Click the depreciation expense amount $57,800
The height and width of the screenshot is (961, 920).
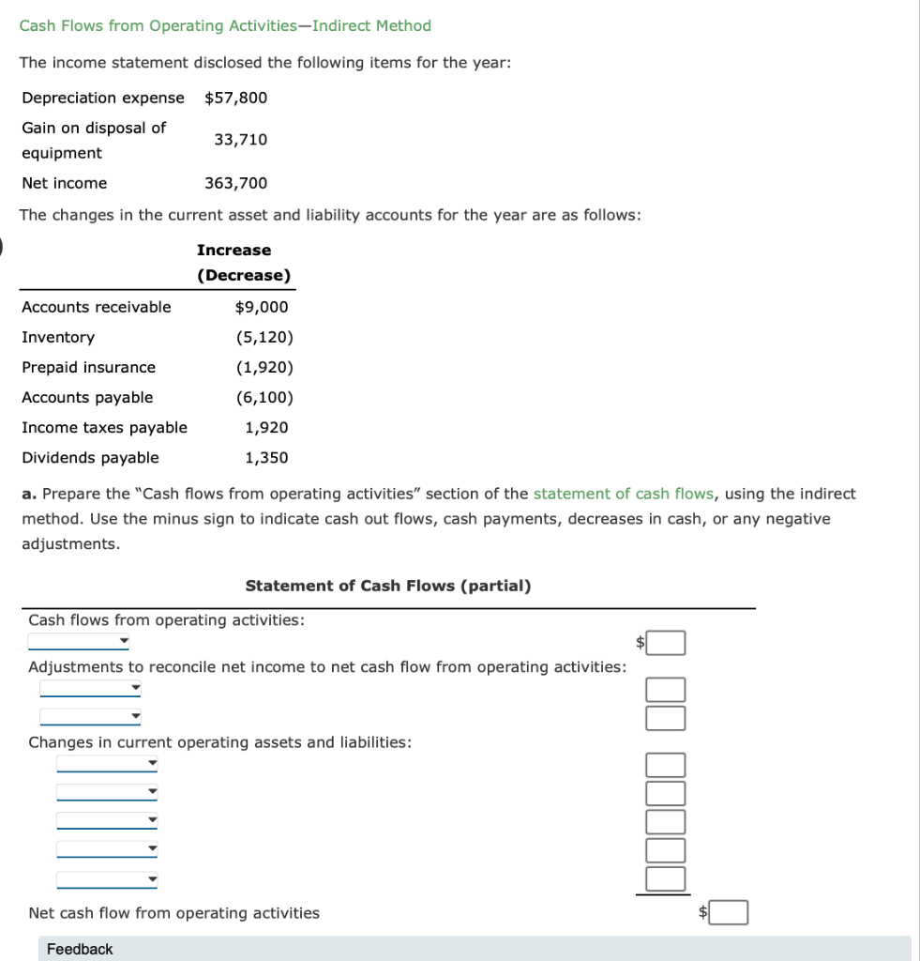(235, 98)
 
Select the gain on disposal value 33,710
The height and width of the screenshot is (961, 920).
(240, 140)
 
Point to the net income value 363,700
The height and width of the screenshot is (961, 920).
(235, 183)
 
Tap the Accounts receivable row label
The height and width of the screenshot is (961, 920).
(97, 307)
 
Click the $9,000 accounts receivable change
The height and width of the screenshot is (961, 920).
(262, 307)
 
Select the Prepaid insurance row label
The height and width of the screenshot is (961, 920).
(89, 367)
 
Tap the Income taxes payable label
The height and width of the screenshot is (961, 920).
(104, 427)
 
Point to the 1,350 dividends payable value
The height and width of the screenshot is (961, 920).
(266, 458)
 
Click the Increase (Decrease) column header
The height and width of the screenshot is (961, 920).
(243, 263)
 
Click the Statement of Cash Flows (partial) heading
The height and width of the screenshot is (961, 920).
(387, 586)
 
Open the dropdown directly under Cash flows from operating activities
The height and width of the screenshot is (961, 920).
(79, 643)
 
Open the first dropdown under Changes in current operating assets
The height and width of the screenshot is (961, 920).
(107, 765)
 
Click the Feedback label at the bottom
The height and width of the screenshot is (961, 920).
(80, 949)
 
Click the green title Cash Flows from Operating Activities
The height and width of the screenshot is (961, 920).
(225, 25)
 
